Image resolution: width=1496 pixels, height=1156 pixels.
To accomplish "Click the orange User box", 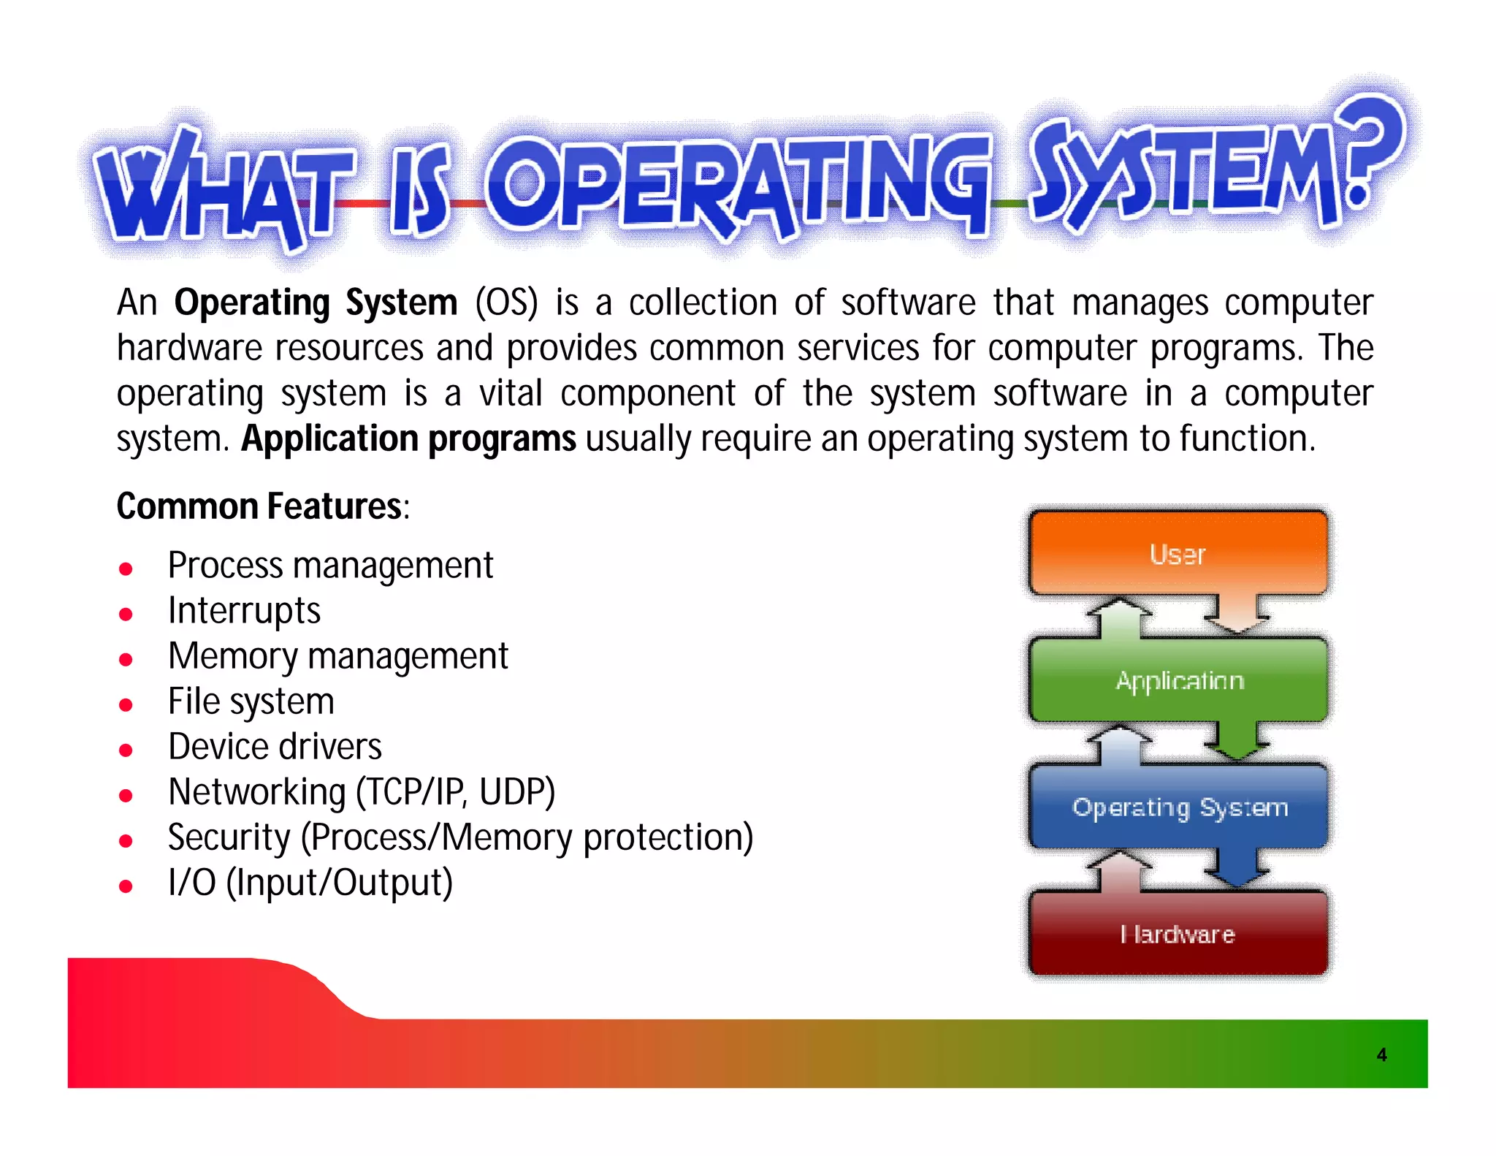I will click(x=1178, y=553).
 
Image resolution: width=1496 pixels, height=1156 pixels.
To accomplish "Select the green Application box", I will click(x=1178, y=680).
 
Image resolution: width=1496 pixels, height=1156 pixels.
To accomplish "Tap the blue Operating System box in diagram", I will click(x=1178, y=807).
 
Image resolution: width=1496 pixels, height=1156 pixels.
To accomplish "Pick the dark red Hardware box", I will click(x=1178, y=933).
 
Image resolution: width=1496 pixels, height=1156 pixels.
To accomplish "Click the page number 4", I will click(x=1381, y=1054).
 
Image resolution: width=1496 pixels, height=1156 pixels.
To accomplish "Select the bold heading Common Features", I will click(x=259, y=506).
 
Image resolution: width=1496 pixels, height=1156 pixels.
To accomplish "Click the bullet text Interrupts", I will click(x=244, y=611).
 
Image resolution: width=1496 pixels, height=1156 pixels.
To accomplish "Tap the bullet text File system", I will click(x=251, y=701).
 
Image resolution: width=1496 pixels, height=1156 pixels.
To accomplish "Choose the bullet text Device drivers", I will click(x=275, y=747).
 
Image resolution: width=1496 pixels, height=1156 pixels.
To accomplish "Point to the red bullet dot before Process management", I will click(x=126, y=569).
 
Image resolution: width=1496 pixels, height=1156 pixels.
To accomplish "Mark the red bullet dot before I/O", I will click(x=126, y=886).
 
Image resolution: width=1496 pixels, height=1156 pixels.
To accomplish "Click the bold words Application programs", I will click(x=408, y=438).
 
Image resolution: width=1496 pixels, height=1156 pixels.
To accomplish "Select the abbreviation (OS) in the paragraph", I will click(x=506, y=303).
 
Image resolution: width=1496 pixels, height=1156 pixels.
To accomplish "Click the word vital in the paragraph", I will click(x=510, y=393).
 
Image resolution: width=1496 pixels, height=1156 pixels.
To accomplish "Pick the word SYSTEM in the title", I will click(x=1183, y=172).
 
